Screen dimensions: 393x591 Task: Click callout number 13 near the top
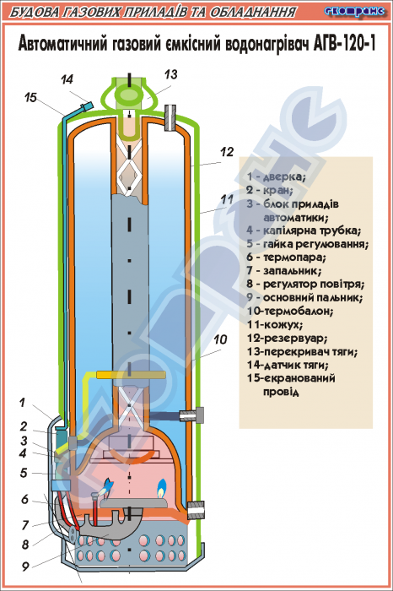170,74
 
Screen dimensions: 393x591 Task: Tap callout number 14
67,79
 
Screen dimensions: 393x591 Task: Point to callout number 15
30,98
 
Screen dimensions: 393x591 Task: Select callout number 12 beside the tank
227,152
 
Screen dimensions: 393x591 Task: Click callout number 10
221,339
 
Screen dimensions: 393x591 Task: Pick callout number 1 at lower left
22,403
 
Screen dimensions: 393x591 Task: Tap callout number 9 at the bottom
25,567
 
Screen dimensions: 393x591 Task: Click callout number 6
24,500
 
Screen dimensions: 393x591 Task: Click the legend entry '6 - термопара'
287,258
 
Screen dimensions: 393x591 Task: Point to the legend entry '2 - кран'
270,190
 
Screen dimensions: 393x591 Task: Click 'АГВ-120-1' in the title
344,44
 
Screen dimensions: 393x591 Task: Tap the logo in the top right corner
354,11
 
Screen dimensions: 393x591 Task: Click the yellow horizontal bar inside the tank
131,375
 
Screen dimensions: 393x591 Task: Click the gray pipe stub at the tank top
170,118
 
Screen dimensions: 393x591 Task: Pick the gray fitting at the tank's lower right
196,510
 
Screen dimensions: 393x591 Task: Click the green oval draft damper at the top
129,95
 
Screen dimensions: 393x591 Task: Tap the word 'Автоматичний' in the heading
62,44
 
